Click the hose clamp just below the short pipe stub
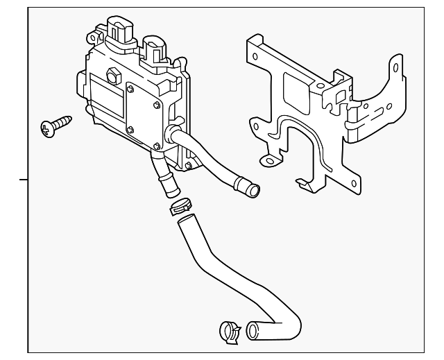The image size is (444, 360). (182, 206)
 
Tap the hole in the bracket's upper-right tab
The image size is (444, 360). (395, 69)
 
